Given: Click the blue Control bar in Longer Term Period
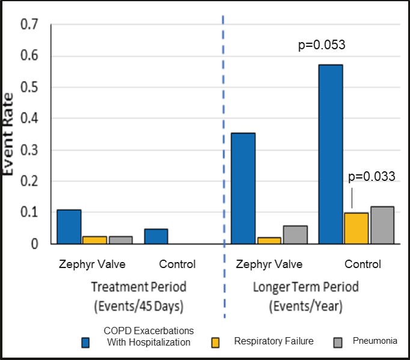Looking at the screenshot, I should [x=330, y=154].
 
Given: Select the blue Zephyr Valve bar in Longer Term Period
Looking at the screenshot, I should [x=243, y=188].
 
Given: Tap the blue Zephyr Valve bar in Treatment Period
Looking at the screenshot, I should [x=69, y=227].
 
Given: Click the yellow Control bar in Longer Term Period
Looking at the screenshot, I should [x=356, y=228].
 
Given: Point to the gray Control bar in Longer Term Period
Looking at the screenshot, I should [x=382, y=225].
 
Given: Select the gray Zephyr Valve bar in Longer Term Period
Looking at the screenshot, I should [x=295, y=235].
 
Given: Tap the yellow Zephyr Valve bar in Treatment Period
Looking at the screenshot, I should [x=94, y=240].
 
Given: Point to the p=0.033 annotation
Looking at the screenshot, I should [x=372, y=176].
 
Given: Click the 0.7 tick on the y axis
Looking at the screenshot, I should [x=29, y=25].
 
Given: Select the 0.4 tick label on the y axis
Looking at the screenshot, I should [x=29, y=119].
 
